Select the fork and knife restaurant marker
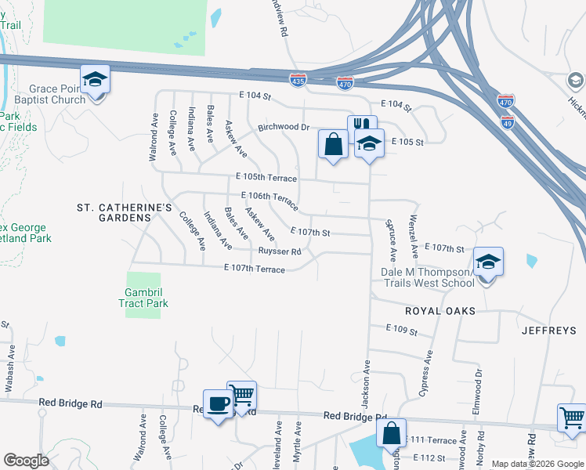pos(362,126)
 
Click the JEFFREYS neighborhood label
pos(548,331)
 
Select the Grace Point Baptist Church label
pos(57,95)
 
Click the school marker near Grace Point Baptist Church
pos(95,80)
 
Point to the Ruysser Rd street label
pos(280,251)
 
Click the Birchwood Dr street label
pos(284,127)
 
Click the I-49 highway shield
pos(507,123)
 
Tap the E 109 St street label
pos(402,331)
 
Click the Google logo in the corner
pos(26,461)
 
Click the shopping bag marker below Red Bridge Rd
pos(391,432)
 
